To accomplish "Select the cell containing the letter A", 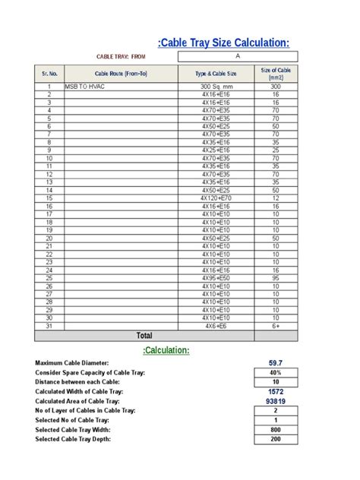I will tap(238, 56).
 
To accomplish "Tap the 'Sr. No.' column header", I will tap(49, 73).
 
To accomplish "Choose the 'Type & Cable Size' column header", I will tap(216, 73).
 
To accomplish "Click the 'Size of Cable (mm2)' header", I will tap(276, 73).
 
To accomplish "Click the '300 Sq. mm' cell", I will tap(216, 87).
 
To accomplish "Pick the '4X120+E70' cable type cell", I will tap(216, 197).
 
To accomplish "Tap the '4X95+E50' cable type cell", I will tap(216, 278).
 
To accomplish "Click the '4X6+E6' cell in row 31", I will tap(216, 325).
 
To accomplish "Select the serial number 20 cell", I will tap(49, 238).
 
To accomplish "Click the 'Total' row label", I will tap(144, 336).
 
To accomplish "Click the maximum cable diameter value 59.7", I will tap(276, 364).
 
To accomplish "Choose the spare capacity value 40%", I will tap(276, 373).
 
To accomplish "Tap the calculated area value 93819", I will tap(276, 400).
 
